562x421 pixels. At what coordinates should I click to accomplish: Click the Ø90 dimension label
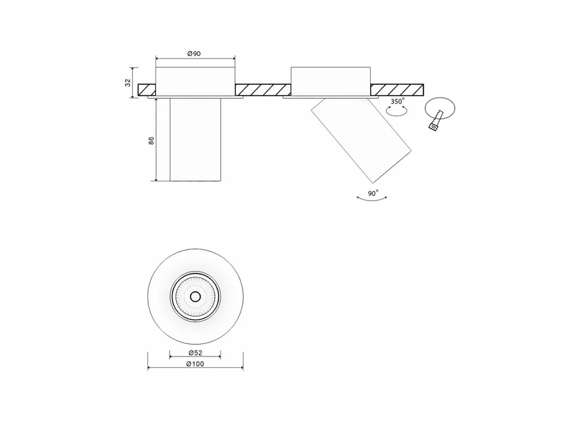click(x=194, y=54)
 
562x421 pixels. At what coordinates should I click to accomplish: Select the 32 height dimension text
click(x=127, y=83)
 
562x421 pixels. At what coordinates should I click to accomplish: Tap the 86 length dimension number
click(x=151, y=140)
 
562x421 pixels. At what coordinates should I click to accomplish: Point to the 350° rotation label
click(x=397, y=101)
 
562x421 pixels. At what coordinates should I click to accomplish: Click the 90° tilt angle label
click(x=373, y=193)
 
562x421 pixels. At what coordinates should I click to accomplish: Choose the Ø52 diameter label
click(x=195, y=353)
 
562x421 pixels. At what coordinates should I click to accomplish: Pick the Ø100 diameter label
click(x=195, y=364)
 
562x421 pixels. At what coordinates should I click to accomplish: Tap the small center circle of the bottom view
click(x=195, y=296)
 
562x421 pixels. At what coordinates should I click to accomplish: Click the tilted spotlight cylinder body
click(x=361, y=140)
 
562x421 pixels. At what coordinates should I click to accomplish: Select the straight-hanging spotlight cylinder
click(x=195, y=139)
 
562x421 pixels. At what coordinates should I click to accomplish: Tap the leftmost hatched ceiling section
click(x=147, y=90)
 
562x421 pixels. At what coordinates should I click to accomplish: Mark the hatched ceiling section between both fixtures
click(x=263, y=90)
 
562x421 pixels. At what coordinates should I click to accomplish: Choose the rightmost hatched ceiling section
click(x=397, y=90)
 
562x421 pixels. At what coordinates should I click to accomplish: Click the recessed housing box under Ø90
click(x=195, y=81)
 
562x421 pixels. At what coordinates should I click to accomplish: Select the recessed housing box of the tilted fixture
click(x=331, y=81)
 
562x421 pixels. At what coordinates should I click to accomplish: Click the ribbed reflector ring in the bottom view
click(x=195, y=296)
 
